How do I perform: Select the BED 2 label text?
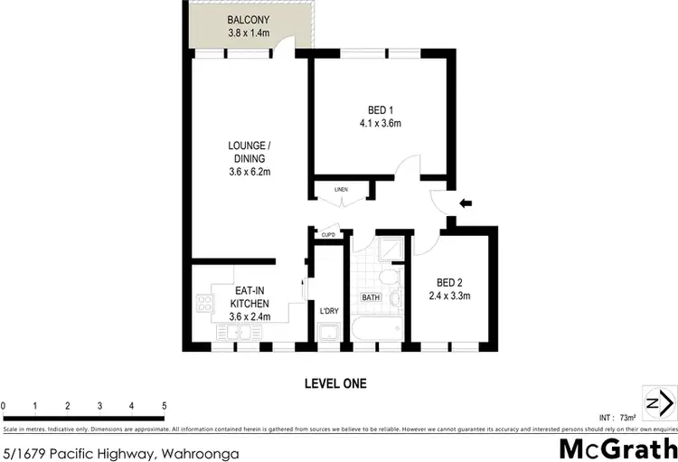(449, 282)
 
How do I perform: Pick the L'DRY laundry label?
(329, 312)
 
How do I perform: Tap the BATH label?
(372, 297)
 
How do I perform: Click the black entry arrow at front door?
(466, 203)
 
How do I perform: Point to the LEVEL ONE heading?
(334, 383)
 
